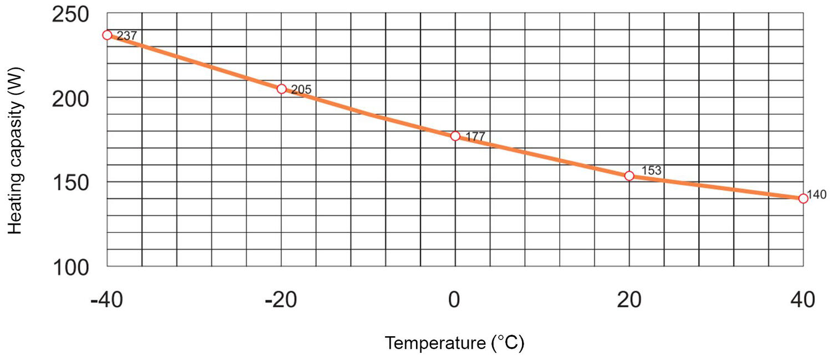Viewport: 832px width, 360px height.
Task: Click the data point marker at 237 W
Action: [107, 35]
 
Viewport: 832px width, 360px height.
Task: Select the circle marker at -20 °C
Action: [281, 89]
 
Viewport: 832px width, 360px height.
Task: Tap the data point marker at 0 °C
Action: [455, 136]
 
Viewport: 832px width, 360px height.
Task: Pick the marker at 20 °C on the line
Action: [629, 176]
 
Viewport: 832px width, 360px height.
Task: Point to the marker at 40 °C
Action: [803, 198]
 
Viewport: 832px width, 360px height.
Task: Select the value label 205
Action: [301, 89]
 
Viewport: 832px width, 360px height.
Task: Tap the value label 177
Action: [475, 136]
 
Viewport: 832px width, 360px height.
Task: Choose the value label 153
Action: [651, 170]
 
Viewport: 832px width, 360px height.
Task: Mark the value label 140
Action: [816, 194]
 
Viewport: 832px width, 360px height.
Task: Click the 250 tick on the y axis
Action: [70, 14]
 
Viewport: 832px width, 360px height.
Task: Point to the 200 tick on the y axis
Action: [70, 98]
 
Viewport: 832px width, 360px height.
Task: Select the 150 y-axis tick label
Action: [70, 182]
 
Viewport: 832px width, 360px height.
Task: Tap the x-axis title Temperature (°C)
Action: [454, 343]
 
